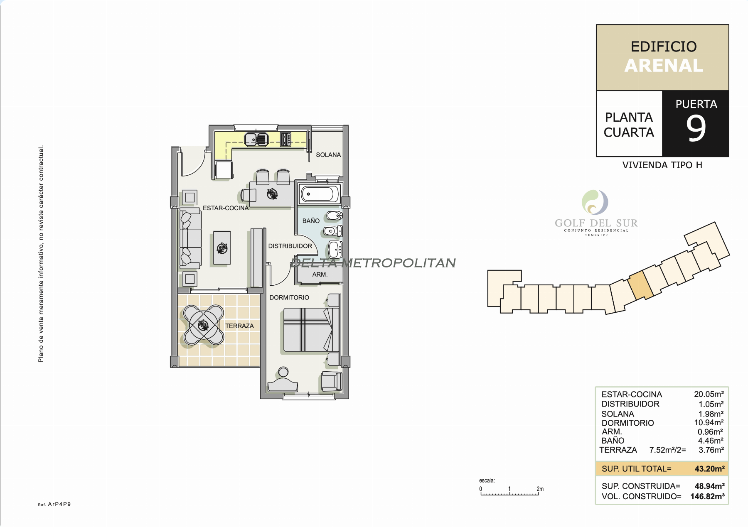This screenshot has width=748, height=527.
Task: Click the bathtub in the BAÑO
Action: click(320, 194)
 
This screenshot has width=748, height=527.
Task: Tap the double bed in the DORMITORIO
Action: click(310, 330)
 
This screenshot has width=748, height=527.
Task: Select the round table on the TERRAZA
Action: click(203, 325)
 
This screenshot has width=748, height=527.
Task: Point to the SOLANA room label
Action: click(328, 155)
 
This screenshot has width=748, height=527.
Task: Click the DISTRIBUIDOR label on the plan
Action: click(290, 246)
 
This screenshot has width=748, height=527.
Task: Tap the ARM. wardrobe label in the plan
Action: click(320, 275)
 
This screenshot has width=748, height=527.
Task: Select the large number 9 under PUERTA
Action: click(696, 128)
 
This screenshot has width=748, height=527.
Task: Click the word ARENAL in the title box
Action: click(663, 66)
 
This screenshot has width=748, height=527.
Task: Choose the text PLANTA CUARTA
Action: click(628, 125)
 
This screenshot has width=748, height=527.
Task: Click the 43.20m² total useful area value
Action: click(709, 469)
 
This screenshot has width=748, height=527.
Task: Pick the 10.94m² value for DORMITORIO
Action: click(709, 423)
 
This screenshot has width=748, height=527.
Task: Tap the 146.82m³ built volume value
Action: click(707, 496)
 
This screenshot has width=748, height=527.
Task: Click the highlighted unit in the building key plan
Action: click(640, 285)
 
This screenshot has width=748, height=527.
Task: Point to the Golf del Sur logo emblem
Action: click(595, 202)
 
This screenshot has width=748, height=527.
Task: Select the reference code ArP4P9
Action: click(59, 504)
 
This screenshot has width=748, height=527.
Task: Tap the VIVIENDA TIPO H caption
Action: click(662, 165)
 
